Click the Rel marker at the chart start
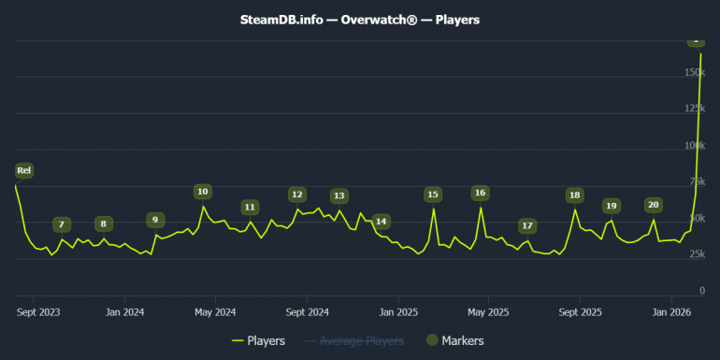click(x=24, y=170)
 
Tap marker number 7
click(x=61, y=224)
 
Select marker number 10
click(x=202, y=192)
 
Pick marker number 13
click(x=338, y=196)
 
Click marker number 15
click(x=432, y=194)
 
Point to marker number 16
click(x=480, y=193)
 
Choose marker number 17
click(x=527, y=226)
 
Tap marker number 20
click(x=653, y=205)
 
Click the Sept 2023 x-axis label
click(x=38, y=311)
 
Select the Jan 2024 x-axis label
click(x=125, y=311)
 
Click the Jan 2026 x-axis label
click(x=671, y=311)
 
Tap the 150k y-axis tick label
click(x=694, y=72)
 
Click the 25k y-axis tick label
click(x=697, y=255)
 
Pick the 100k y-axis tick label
click(x=694, y=146)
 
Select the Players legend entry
click(x=258, y=341)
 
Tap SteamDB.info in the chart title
click(x=281, y=19)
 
